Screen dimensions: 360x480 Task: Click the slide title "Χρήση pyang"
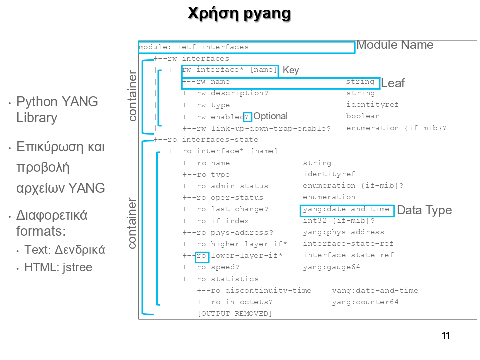tap(239, 14)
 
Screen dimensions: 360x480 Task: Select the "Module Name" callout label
tap(395, 45)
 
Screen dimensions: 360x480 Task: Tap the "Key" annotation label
tap(291, 70)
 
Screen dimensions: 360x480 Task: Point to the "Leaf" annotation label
tap(393, 84)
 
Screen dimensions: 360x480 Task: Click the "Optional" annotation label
tap(270, 116)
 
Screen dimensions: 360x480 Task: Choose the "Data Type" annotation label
tap(424, 210)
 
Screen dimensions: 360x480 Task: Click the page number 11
tap(446, 336)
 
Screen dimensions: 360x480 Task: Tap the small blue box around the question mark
tap(247, 117)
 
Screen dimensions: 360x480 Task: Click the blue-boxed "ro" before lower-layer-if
tap(202, 256)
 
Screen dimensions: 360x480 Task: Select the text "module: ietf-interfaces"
tap(194, 47)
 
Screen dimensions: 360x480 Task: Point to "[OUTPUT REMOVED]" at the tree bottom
tap(235, 314)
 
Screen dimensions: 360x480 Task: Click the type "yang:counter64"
tap(365, 302)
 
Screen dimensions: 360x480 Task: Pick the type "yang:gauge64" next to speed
tap(331, 267)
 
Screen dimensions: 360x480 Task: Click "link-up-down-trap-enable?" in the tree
tap(270, 129)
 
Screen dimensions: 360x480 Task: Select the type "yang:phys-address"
tap(343, 232)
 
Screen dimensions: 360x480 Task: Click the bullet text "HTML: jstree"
tap(58, 267)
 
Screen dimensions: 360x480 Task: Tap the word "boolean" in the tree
tap(363, 116)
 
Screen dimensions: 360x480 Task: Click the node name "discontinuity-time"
tap(268, 291)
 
